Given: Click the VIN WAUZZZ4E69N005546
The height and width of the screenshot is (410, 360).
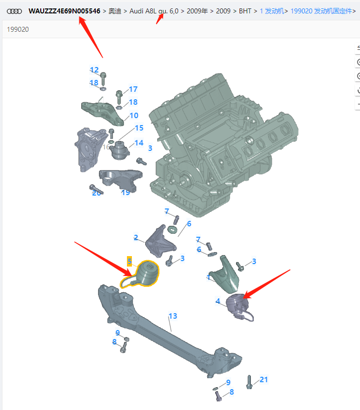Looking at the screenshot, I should [64, 10].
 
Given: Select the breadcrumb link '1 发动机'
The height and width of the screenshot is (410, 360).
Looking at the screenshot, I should [272, 10].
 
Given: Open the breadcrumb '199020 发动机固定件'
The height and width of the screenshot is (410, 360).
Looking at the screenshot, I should [322, 10].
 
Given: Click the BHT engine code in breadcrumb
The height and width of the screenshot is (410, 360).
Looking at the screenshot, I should [245, 10].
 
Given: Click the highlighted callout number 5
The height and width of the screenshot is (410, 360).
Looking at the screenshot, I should [129, 261].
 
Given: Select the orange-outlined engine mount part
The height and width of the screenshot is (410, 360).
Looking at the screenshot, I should [144, 274].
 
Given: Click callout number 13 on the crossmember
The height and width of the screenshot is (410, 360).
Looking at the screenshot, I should [173, 316].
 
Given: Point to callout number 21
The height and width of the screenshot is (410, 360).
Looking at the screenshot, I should [263, 380].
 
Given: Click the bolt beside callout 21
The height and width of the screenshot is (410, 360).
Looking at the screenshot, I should [249, 382].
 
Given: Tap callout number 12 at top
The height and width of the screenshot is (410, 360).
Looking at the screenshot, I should [94, 70].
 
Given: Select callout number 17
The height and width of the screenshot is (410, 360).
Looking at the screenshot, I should [133, 89].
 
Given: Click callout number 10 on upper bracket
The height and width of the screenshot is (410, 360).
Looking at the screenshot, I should [134, 116].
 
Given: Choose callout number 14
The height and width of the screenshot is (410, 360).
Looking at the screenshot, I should [139, 143].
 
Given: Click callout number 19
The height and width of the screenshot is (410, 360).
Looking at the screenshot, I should [125, 192].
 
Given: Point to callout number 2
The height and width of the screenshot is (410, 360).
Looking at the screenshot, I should [135, 238].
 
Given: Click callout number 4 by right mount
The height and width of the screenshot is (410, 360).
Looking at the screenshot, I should [218, 301].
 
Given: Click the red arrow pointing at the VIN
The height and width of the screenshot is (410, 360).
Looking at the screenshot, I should [91, 37].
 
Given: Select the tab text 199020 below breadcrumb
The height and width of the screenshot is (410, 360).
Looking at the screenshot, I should [18, 29].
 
